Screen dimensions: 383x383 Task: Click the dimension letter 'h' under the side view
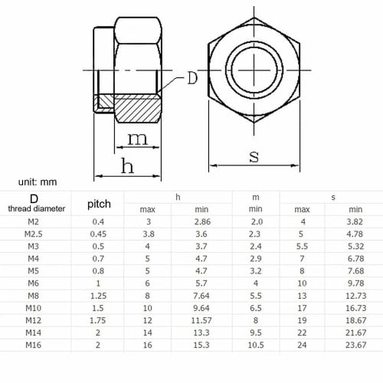128,165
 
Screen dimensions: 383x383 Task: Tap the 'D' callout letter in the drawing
193,77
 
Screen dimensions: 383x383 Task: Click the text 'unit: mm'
29,182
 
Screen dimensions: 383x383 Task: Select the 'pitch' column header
99,204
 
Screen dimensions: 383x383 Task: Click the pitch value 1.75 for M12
99,320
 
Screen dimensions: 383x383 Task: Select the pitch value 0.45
99,234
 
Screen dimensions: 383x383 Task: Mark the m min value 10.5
255,345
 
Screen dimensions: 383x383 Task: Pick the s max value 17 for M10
303,308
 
